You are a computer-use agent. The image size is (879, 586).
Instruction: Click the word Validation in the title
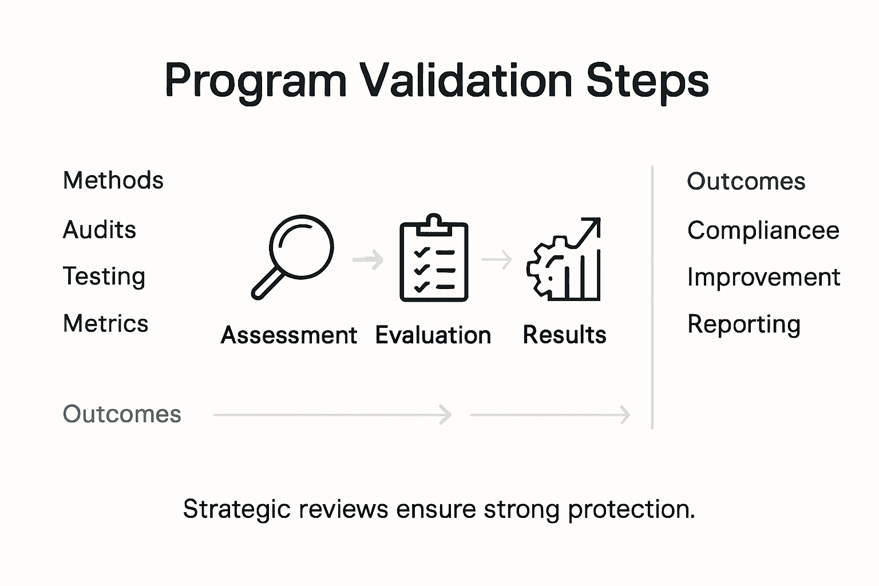pyautogui.click(x=465, y=80)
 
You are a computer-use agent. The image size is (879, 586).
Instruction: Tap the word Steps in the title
pyautogui.click(x=648, y=83)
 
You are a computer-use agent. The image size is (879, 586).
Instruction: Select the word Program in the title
pyautogui.click(x=256, y=83)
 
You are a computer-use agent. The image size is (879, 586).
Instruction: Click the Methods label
pyautogui.click(x=113, y=180)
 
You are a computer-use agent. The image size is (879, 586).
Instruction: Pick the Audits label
pyautogui.click(x=99, y=229)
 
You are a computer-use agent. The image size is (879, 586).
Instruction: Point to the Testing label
pyautogui.click(x=104, y=277)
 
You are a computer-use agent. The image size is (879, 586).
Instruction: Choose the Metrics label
pyautogui.click(x=105, y=323)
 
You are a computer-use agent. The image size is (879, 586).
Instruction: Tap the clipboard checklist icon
pyautogui.click(x=434, y=258)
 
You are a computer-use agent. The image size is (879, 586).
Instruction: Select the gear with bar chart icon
pyautogui.click(x=564, y=259)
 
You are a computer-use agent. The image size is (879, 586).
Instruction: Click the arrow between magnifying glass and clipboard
pyautogui.click(x=368, y=259)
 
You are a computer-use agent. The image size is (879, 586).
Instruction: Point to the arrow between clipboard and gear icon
pyautogui.click(x=496, y=259)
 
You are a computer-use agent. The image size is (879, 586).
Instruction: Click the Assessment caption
pyautogui.click(x=289, y=335)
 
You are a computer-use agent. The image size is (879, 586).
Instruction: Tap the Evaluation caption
pyautogui.click(x=433, y=335)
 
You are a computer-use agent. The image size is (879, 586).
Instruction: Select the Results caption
pyautogui.click(x=564, y=335)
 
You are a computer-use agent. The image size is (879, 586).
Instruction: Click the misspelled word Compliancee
pyautogui.click(x=763, y=231)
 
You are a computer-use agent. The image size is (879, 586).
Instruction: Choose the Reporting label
pyautogui.click(x=743, y=325)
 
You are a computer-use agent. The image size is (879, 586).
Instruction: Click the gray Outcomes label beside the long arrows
pyautogui.click(x=122, y=414)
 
